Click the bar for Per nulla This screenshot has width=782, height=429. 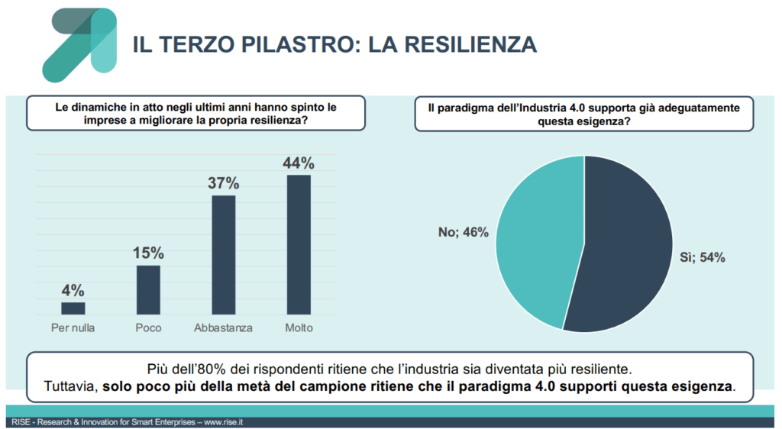tap(73, 308)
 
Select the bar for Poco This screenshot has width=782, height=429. tap(148, 290)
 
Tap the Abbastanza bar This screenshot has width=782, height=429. tap(223, 255)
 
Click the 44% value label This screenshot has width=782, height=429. tap(299, 163)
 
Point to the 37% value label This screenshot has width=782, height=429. tap(224, 183)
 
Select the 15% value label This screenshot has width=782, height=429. tap(149, 253)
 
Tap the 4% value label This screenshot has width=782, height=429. tap(73, 290)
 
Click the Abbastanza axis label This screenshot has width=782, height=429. tap(223, 328)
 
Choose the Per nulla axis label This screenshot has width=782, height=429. tap(73, 328)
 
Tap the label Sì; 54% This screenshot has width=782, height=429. tap(703, 257)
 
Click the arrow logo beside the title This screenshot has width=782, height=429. tap(79, 44)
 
